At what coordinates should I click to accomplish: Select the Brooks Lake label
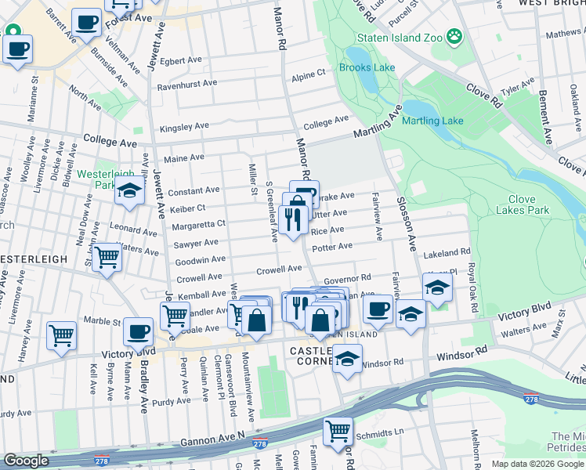pos(367,67)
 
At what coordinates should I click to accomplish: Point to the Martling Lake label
pos(432,121)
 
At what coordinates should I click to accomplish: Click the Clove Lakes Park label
pos(528,204)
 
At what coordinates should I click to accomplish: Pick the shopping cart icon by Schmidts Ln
pos(338,431)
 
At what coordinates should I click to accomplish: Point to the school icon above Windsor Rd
pos(346,359)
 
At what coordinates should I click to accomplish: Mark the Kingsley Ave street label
pos(184,126)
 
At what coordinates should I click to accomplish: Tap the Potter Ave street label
pos(332,248)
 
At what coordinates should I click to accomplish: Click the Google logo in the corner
pos(27,461)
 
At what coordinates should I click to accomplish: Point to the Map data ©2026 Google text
pos(537,464)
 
